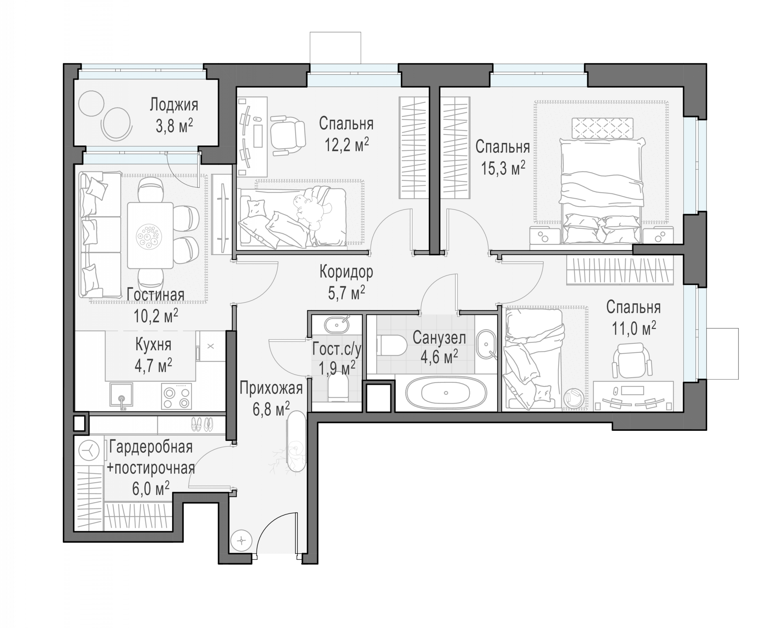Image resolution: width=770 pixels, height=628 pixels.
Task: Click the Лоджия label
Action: pyautogui.click(x=174, y=105)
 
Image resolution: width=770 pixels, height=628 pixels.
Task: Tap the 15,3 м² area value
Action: pyautogui.click(x=503, y=168)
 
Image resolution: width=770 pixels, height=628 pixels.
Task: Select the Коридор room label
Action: pyautogui.click(x=346, y=272)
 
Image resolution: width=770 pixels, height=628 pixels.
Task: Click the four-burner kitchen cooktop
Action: pyautogui.click(x=176, y=396)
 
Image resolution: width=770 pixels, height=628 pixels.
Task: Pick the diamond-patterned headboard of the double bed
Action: pyautogui.click(x=602, y=128)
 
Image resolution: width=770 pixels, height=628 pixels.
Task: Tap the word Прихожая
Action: pyautogui.click(x=271, y=388)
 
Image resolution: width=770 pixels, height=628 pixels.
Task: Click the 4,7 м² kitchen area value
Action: pyautogui.click(x=153, y=366)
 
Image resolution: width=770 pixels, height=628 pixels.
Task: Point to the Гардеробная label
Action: pyautogui.click(x=151, y=447)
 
